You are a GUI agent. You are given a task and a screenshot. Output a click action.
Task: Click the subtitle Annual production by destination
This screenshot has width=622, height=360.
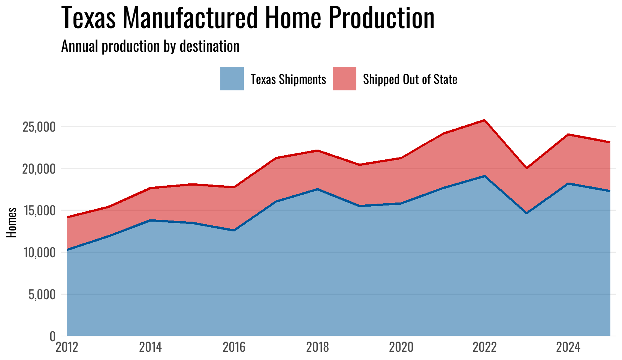(150, 46)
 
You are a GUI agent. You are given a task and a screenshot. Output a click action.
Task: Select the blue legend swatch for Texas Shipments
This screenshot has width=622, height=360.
(232, 79)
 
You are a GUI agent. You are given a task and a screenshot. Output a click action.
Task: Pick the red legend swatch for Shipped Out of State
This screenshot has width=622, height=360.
(344, 79)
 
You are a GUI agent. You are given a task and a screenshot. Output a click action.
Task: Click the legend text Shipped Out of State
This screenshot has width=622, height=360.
(410, 79)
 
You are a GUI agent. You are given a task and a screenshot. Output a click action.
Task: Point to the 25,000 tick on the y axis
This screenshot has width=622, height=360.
(39, 127)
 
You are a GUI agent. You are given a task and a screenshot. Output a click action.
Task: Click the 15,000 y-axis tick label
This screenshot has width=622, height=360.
(39, 211)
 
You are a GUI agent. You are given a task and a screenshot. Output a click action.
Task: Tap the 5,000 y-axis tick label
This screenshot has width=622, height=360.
(41, 294)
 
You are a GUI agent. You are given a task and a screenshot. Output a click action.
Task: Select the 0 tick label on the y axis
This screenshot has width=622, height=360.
(52, 336)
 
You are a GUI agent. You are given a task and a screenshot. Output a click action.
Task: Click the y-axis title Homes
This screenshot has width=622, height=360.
(12, 222)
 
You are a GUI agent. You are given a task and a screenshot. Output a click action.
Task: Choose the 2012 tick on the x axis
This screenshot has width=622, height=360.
(67, 347)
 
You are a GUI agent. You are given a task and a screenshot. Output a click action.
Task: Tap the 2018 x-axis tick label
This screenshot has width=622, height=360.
(317, 347)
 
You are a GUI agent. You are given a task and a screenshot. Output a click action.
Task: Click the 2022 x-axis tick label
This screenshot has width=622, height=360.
(484, 347)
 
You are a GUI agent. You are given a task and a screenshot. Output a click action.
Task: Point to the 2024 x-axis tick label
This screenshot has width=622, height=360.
(568, 347)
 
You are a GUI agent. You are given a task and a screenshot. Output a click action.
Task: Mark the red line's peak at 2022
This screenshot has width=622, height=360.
(485, 120)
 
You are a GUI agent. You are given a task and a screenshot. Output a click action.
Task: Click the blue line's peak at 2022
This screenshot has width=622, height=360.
(485, 176)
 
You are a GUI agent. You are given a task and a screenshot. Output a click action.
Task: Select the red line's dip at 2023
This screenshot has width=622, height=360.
(526, 168)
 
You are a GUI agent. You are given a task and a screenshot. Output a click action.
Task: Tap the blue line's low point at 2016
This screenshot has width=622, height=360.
(234, 230)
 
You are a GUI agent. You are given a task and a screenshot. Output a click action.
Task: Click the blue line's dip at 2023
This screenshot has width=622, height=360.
(526, 213)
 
